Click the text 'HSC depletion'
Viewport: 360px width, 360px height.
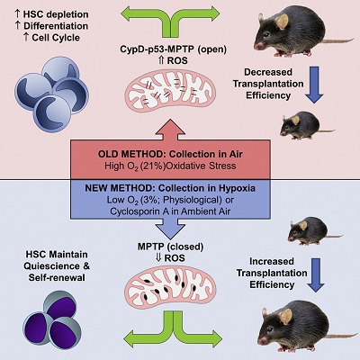tap(44, 10)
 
